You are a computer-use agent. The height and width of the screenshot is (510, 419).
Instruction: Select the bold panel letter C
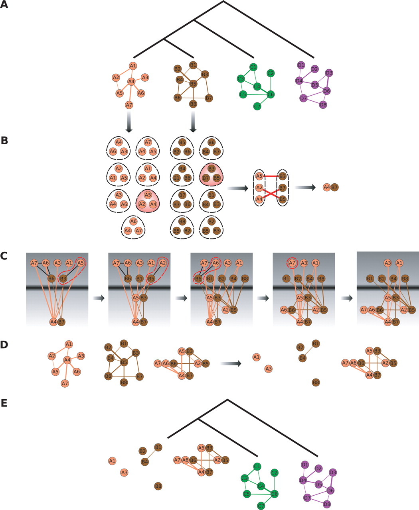tap(4, 255)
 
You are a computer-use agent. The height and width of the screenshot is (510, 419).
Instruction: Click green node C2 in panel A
tap(271, 73)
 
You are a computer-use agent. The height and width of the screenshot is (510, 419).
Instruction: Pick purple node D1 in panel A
tap(301, 65)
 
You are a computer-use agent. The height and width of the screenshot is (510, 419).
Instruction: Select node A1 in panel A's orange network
tap(133, 66)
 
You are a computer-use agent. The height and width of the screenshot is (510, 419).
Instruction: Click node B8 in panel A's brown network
tap(193, 104)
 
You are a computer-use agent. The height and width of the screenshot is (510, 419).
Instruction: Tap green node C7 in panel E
tap(261, 506)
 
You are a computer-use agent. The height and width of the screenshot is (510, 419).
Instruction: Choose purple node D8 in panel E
tap(327, 504)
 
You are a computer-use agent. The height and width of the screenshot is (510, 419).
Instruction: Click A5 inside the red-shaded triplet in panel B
tap(148, 195)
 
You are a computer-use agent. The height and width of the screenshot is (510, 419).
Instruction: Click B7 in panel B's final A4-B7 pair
tap(335, 187)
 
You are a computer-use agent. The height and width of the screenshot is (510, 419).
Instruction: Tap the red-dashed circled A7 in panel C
tap(292, 263)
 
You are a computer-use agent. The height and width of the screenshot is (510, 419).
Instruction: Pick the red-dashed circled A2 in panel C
tap(162, 263)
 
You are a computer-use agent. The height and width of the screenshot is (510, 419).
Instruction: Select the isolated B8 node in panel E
tap(158, 486)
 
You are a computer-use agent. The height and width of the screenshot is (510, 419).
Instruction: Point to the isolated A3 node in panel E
tap(124, 473)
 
